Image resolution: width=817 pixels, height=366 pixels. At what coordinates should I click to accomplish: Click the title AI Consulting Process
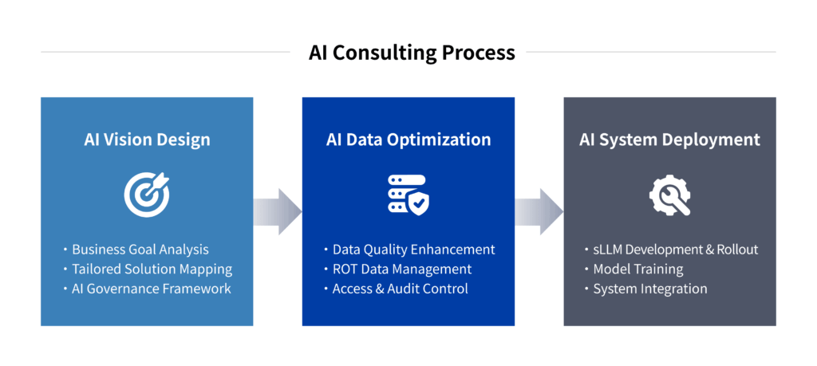[412, 53]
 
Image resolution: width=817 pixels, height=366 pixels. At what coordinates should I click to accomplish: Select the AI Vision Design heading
[147, 140]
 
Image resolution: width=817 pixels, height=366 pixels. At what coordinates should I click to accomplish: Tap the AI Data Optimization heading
[408, 140]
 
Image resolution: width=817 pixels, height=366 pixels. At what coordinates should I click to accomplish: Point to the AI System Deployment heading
[669, 140]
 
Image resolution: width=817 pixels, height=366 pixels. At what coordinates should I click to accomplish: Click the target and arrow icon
[147, 195]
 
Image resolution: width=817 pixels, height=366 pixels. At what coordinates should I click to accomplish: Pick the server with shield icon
[408, 195]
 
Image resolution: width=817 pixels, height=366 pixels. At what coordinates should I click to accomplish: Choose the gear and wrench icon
[670, 195]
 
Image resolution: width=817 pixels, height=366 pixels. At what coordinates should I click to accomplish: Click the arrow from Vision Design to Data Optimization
[278, 212]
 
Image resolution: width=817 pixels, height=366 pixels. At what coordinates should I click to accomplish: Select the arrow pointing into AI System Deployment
[539, 212]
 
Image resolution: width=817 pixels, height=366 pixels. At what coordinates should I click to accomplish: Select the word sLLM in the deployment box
[608, 250]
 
